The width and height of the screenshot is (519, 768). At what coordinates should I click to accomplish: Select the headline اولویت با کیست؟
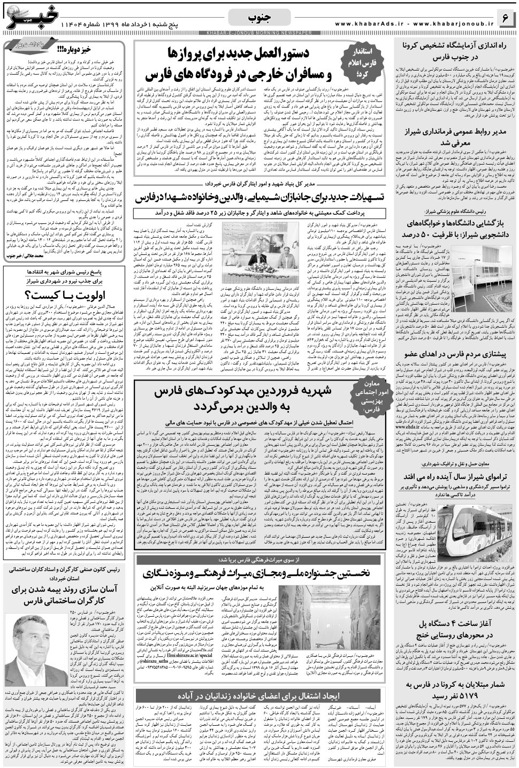pyautogui.click(x=64, y=295)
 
